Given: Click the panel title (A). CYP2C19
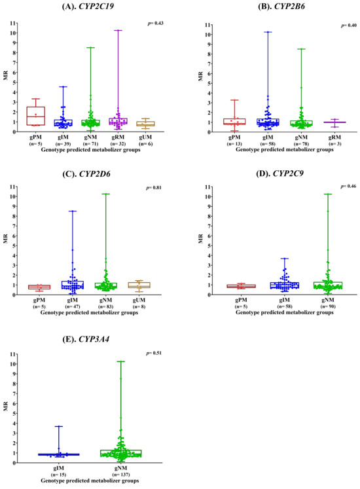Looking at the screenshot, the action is [x=88, y=6].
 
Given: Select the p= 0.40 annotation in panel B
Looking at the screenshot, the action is [x=348, y=26].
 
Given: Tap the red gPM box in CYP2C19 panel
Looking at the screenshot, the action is [x=35, y=116].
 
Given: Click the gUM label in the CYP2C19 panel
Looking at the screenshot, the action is [x=145, y=137].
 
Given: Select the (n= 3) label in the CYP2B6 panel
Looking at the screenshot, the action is [x=334, y=144].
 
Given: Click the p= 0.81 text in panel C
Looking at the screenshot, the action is [x=154, y=188].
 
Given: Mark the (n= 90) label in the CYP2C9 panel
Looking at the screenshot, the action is [x=327, y=306].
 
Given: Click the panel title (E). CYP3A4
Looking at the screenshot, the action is [x=86, y=339].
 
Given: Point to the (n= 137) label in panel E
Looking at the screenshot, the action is [x=121, y=475].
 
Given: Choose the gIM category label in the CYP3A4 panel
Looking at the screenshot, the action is [x=59, y=468].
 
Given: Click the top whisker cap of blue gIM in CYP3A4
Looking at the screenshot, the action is [x=59, y=426].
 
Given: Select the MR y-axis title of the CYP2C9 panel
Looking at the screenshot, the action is [x=200, y=239].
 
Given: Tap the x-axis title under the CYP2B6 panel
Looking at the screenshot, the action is [x=285, y=149].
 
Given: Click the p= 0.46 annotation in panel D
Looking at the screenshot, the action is [x=348, y=186].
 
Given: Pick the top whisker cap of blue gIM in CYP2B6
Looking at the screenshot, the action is [x=268, y=32].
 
